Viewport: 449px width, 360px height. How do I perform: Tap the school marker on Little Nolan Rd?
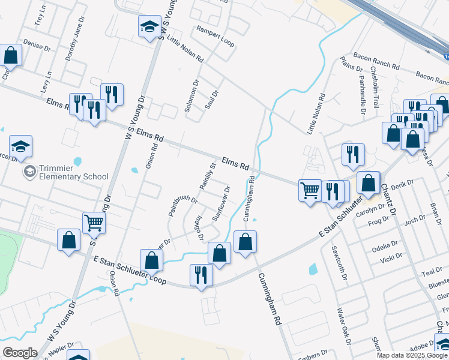[149, 27]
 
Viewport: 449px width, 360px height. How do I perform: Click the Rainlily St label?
[207, 176]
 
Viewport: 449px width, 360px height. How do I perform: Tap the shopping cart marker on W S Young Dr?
[94, 224]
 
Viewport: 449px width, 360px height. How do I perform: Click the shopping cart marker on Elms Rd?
[310, 191]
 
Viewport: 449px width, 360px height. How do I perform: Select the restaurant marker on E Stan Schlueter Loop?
[201, 275]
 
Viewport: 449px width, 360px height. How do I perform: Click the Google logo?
[19, 352]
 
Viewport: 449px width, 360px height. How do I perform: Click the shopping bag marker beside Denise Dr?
[11, 55]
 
